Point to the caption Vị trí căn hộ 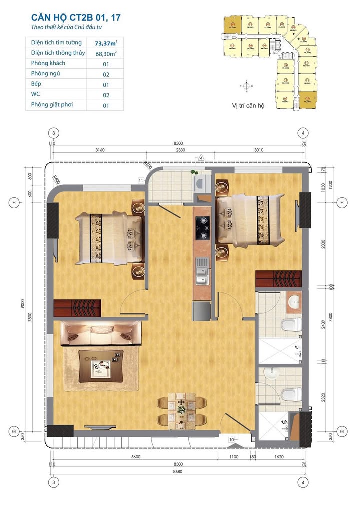pyautogui.click(x=248, y=106)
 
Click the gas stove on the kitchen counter pyautogui.click(x=203, y=227)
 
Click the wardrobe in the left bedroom pyautogui.click(x=77, y=307)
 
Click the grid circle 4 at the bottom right pyautogui.click(x=302, y=482)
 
